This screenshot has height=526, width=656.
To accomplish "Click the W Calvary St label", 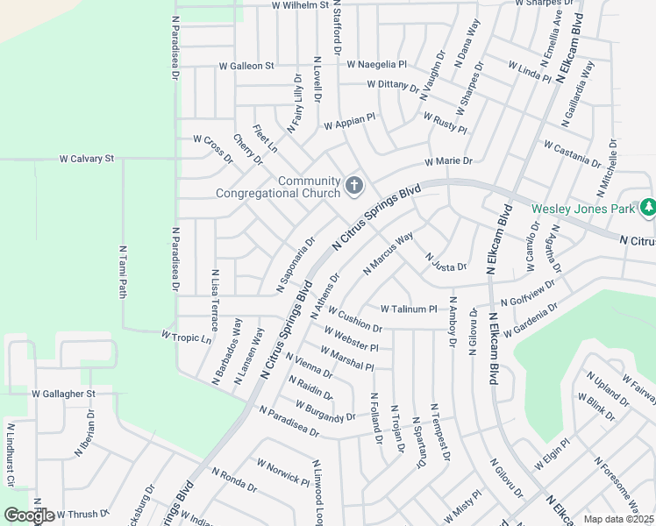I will click(87, 160).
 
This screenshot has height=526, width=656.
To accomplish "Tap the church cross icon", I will click(353, 185).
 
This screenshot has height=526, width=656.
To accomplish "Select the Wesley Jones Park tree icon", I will click(648, 208).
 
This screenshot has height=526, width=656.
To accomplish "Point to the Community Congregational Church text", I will click(278, 188).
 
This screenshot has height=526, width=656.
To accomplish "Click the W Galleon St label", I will click(246, 66).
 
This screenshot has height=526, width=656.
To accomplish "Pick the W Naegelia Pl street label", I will click(377, 65).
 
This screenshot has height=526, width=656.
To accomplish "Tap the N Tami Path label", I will click(123, 271).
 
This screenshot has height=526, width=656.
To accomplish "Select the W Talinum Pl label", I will click(409, 309).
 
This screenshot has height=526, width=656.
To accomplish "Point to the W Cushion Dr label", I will click(356, 322).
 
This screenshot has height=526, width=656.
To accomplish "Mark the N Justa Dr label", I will click(446, 261).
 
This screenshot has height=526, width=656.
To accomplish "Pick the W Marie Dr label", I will click(448, 161).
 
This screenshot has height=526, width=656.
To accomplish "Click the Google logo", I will click(28, 515).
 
